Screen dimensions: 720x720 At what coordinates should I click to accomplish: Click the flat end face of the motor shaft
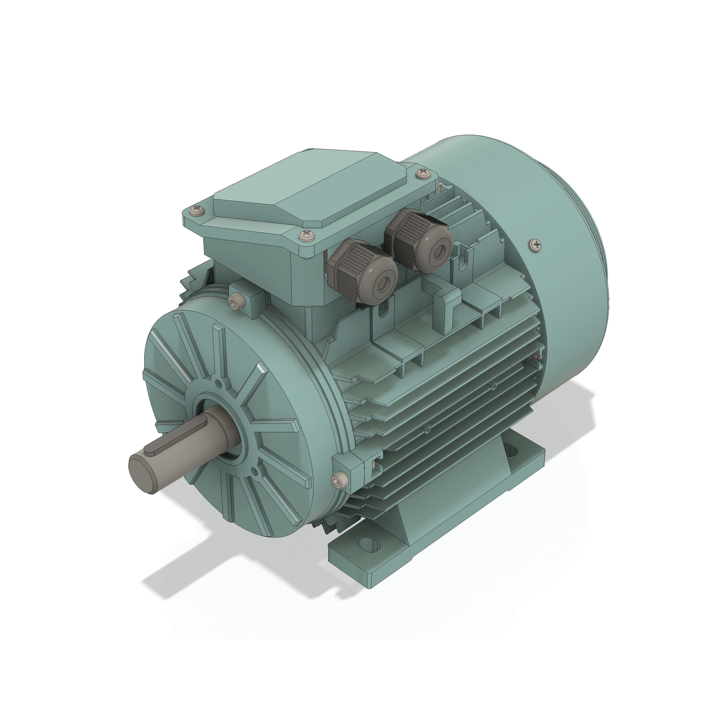(142, 468)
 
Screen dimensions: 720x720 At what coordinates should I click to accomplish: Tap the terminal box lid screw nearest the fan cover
(423, 173)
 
